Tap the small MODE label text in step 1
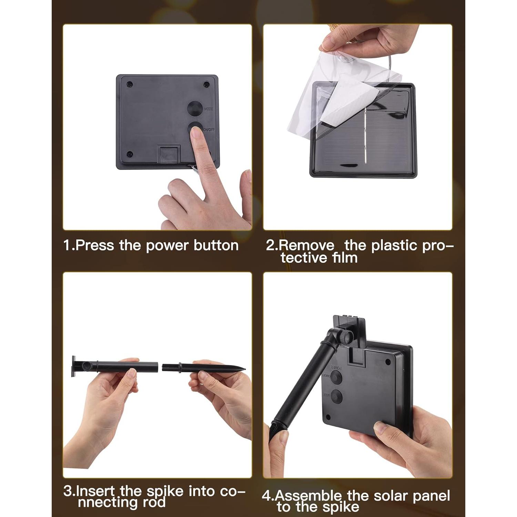click(209, 109)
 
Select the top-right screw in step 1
click(206, 84)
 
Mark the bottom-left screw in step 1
click(130, 154)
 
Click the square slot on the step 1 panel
click(169, 154)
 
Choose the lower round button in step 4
click(336, 396)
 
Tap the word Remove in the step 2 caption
click(306, 245)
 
